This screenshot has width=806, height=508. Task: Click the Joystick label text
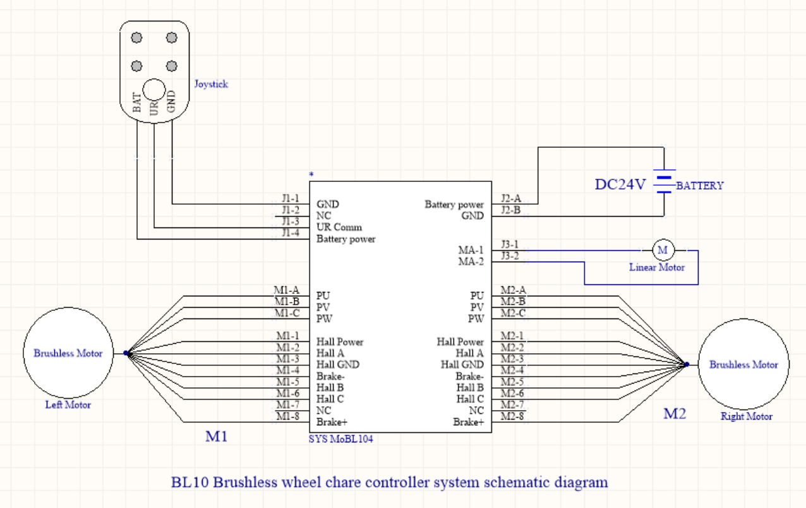click(211, 84)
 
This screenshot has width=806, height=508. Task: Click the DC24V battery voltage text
click(620, 184)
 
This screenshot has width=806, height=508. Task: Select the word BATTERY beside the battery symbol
click(700, 186)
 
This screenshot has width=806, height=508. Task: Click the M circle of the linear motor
click(663, 250)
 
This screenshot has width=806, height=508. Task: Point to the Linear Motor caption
click(657, 267)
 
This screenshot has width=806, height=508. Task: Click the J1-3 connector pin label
click(291, 221)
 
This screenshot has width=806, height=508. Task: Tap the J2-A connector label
click(510, 198)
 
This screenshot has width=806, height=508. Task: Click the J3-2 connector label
click(510, 256)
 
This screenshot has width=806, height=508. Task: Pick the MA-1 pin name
click(471, 251)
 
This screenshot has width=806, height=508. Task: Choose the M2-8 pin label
click(512, 416)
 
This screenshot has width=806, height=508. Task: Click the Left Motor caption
click(68, 405)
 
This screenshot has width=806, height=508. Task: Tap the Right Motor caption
click(747, 416)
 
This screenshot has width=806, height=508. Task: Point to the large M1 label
click(217, 437)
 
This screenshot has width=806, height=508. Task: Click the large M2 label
click(675, 414)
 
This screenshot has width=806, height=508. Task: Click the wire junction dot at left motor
click(126, 353)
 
